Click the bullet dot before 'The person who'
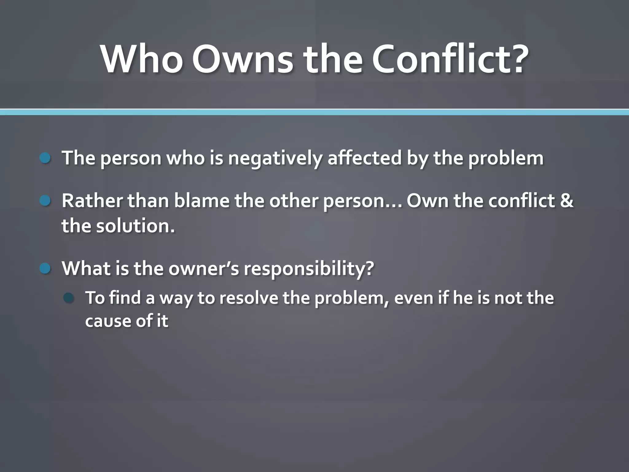pyautogui.click(x=45, y=158)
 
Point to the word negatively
pyautogui.click(x=275, y=158)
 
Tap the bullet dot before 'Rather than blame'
pyautogui.click(x=45, y=201)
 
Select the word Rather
pyautogui.click(x=92, y=201)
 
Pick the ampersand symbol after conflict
pyautogui.click(x=567, y=201)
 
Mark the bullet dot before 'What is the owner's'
pyautogui.click(x=45, y=269)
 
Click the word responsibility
pyautogui.click(x=309, y=269)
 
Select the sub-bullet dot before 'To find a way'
pyautogui.click(x=68, y=298)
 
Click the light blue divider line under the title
pyautogui.click(x=314, y=112)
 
